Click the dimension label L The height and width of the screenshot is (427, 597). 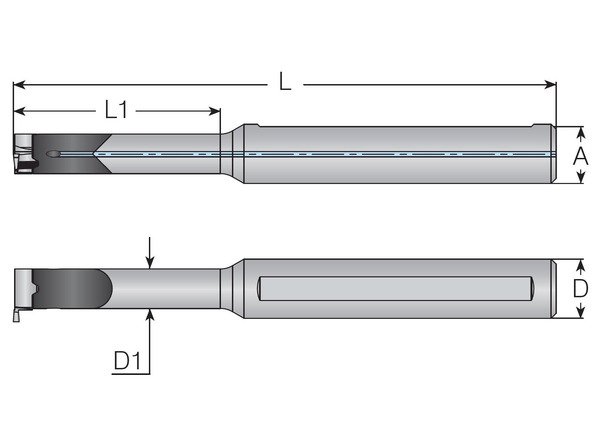pos(285,82)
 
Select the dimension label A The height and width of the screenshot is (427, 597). pos(581,157)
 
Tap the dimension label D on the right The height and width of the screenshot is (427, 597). pos(581,289)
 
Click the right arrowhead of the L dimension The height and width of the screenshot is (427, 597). pos(550,84)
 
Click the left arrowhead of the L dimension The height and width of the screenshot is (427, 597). pos(19,84)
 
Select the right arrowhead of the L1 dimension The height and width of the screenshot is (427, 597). pos(215,111)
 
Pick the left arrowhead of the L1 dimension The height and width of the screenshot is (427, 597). pos(19,111)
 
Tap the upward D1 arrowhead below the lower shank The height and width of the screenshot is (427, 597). pos(150,314)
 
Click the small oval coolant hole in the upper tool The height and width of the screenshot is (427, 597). pos(53,154)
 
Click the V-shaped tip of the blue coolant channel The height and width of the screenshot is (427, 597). pos(94,154)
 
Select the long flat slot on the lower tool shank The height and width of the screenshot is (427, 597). pos(395,289)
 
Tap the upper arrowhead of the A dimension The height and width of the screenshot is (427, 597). pos(580,132)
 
